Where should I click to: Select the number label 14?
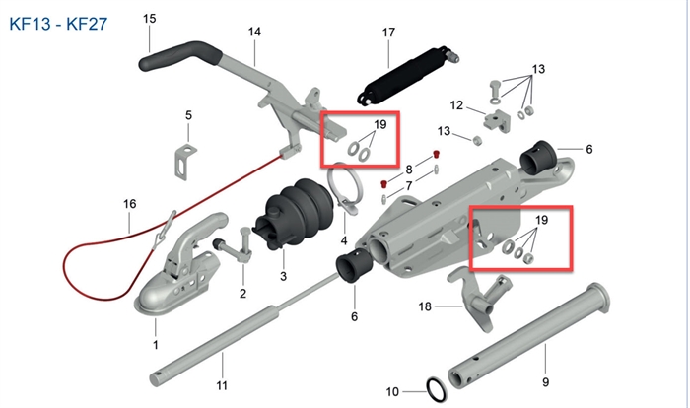click(254, 33)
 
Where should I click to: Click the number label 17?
click(387, 33)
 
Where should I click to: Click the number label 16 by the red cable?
click(129, 204)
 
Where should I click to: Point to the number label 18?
click(425, 306)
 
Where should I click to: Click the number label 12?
click(456, 105)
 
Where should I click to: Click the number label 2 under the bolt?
click(242, 293)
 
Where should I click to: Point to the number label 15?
click(149, 19)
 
